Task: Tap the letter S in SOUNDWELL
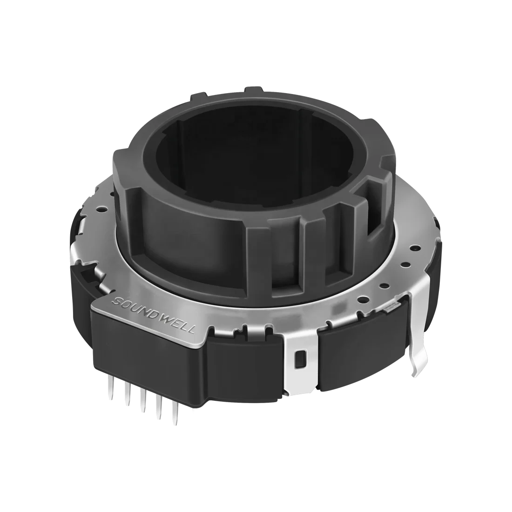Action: pyautogui.click(x=116, y=299)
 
